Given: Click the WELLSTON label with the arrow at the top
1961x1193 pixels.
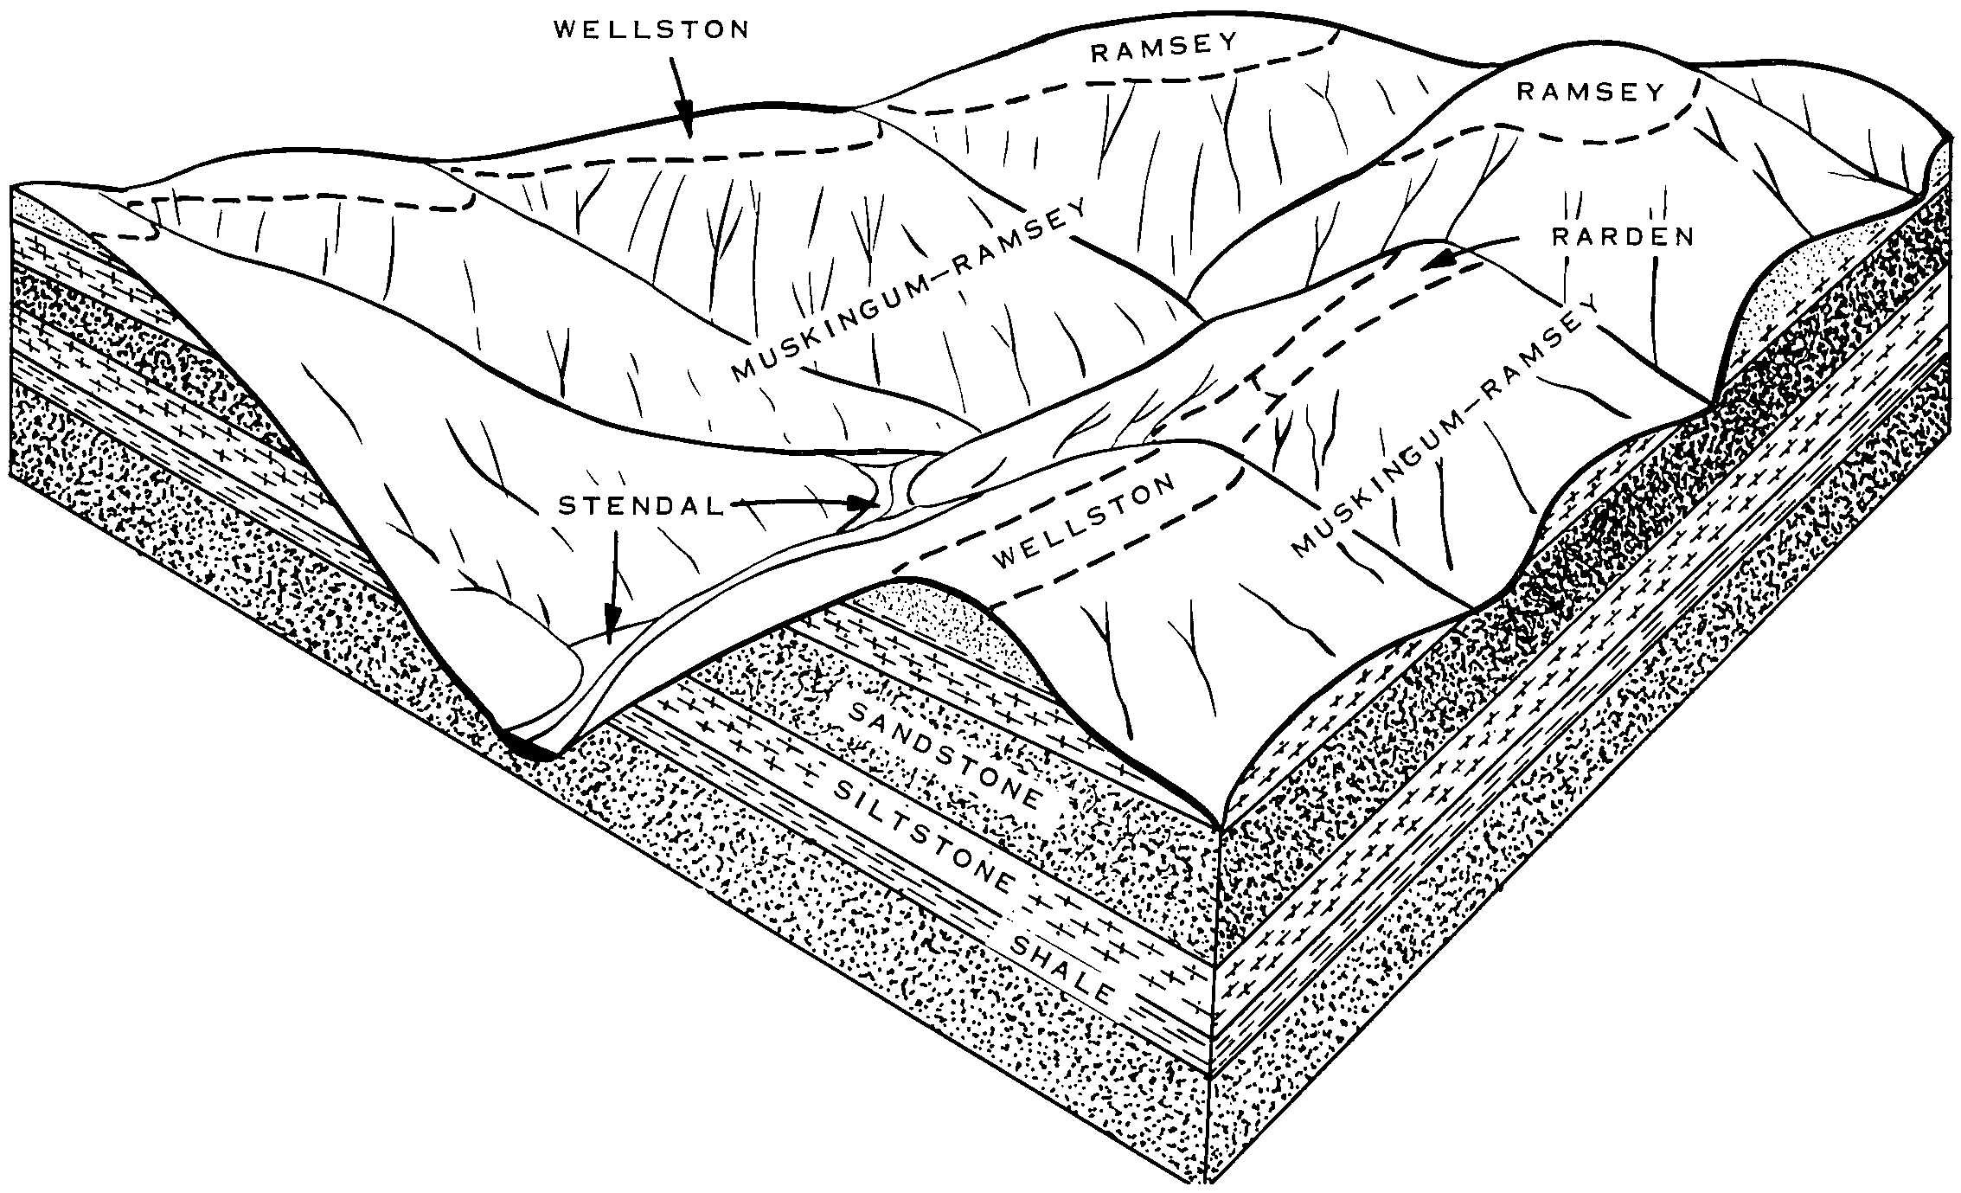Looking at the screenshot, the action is (x=651, y=30).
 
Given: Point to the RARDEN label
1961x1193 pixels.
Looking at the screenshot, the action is (x=1622, y=236).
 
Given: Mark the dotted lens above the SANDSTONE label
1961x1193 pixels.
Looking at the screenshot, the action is (x=943, y=616).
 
